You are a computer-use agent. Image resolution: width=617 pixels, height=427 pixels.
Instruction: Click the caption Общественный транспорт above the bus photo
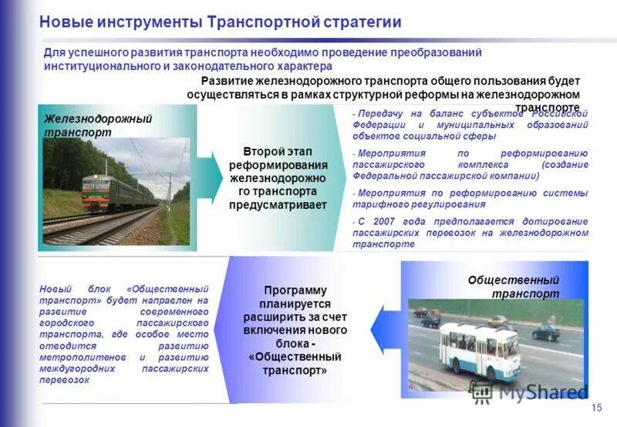tap(513, 287)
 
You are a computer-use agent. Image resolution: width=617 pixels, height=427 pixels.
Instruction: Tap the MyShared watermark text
tap(544, 392)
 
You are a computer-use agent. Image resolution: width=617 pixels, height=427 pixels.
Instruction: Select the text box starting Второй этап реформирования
tap(278, 178)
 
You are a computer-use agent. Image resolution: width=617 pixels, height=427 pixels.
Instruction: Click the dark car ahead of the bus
tap(545, 332)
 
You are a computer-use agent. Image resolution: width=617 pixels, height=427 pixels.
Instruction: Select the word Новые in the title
tap(62, 22)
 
